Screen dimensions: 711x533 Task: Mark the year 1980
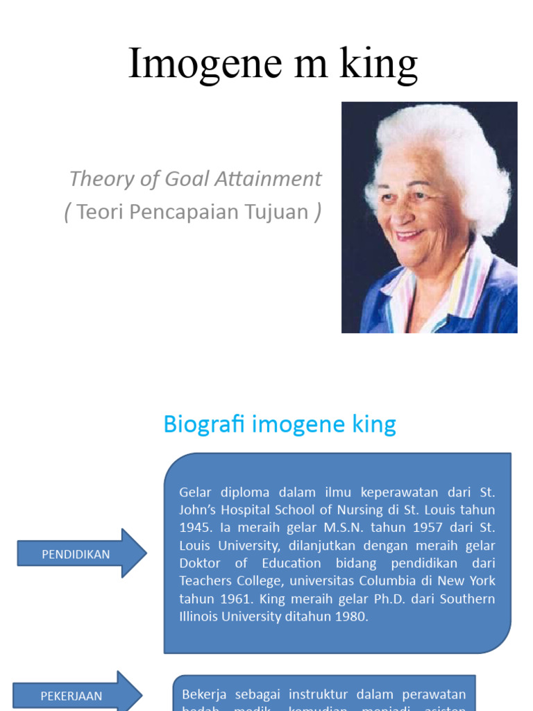(346, 617)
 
